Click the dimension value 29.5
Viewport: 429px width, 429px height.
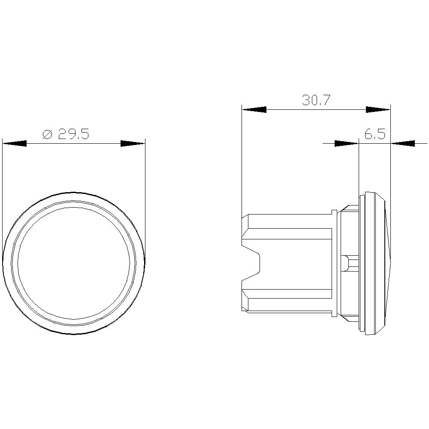pyautogui.click(x=73, y=134)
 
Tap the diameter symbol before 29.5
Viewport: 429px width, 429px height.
pyautogui.click(x=47, y=134)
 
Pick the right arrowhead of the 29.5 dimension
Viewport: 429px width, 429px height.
pyautogui.click(x=133, y=143)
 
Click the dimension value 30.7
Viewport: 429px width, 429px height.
pyautogui.click(x=316, y=100)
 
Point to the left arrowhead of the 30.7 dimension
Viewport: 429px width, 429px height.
pyautogui.click(x=254, y=109)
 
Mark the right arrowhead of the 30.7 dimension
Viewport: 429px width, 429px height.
pyautogui.click(x=378, y=109)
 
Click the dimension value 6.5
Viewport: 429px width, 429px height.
pyautogui.click(x=375, y=134)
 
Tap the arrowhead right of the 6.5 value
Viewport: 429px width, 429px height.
pyautogui.click(x=403, y=143)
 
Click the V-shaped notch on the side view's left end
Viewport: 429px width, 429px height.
pyautogui.click(x=253, y=263)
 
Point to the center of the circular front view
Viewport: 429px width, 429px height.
pyautogui.click(x=73, y=263)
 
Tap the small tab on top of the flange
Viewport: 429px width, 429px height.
pyautogui.click(x=334, y=211)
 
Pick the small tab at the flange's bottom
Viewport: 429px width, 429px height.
pyautogui.click(x=334, y=315)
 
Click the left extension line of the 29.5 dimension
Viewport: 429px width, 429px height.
pyautogui.click(x=3, y=193)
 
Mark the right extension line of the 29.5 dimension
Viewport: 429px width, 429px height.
pyautogui.click(x=145, y=193)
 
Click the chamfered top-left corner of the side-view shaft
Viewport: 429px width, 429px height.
pyautogui.click(x=245, y=216)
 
